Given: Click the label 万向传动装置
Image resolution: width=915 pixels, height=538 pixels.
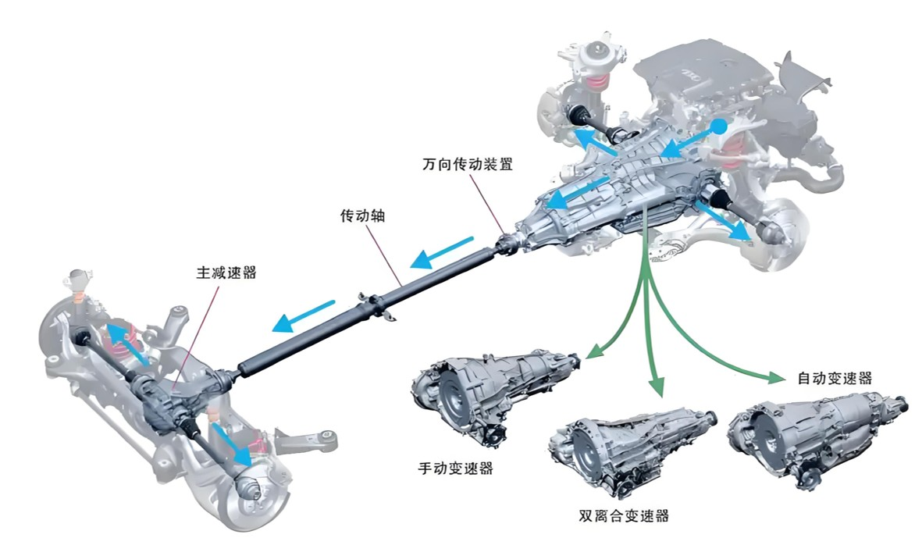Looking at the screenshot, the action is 468,164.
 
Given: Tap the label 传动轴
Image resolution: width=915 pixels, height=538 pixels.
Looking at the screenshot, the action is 362,216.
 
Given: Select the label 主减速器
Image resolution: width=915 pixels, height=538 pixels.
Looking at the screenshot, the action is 226,273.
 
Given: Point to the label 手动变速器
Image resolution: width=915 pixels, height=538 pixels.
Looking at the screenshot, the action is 455,468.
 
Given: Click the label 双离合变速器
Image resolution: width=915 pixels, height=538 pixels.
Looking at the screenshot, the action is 623,515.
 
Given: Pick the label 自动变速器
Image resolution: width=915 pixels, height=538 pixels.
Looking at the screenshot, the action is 835,378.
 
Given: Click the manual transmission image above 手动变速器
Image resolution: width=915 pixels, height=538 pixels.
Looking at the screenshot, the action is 495,396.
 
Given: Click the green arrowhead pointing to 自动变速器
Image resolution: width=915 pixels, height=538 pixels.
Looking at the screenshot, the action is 776,378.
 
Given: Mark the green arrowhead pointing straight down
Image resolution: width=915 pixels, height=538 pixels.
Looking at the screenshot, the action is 657,387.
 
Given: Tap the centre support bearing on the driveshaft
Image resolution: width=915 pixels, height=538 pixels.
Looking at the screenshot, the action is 373,305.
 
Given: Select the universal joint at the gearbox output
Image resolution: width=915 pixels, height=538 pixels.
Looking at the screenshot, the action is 509,244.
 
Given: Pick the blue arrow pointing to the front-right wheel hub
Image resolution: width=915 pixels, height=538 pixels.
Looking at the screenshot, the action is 722,220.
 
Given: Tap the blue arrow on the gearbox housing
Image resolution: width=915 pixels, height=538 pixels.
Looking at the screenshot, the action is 576,193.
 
